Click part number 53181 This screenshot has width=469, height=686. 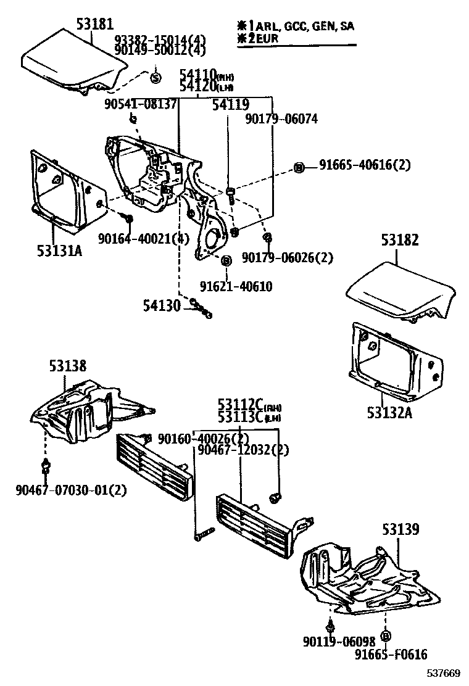pos(95,25)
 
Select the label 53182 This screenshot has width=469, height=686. pos(399,240)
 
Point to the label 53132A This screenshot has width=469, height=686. pos(389,413)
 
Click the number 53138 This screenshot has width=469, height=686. pos(68,366)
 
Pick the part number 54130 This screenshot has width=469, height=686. pos(162,305)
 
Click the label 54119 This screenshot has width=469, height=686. pos(231,105)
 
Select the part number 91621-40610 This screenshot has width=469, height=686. pos(236,286)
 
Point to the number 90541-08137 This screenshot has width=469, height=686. pos(140,104)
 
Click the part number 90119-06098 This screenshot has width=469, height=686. pos(339,642)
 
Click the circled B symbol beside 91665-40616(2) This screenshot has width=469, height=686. pos(299,167)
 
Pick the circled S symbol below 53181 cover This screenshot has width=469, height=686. pos(156,78)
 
